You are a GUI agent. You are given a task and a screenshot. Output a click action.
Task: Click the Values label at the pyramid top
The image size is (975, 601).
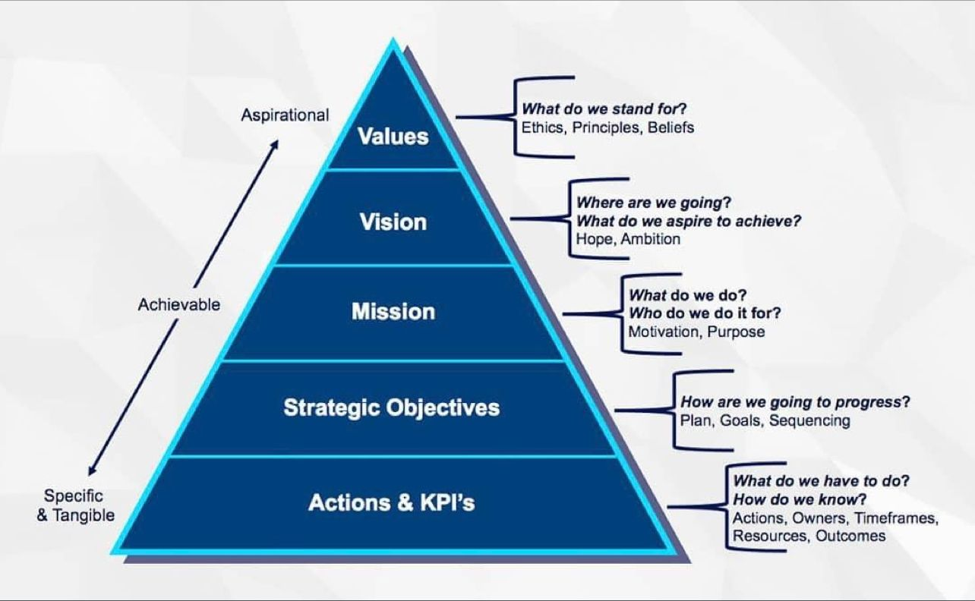click(393, 137)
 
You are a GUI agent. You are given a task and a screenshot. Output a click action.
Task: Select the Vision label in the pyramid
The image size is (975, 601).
click(393, 222)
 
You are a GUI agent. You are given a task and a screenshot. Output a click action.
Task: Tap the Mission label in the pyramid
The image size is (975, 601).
click(393, 312)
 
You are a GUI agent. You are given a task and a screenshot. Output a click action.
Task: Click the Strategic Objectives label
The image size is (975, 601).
click(392, 407)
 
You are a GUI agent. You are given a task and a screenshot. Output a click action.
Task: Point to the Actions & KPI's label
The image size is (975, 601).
click(392, 502)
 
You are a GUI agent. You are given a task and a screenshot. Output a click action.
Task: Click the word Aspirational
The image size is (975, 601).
click(285, 115)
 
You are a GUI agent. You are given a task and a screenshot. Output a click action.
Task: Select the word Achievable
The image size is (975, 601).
click(179, 304)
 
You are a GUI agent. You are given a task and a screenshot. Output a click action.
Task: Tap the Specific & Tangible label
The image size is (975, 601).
click(75, 505)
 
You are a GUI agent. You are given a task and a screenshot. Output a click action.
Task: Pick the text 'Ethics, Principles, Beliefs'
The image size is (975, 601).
click(607, 127)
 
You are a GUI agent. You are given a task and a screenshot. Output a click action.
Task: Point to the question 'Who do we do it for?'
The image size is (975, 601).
click(705, 313)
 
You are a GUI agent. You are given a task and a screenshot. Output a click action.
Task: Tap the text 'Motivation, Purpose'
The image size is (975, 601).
click(696, 332)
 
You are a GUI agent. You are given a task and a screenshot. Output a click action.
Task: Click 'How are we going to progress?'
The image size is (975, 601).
click(795, 402)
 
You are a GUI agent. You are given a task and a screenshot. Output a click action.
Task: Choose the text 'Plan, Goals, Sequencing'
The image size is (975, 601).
click(765, 420)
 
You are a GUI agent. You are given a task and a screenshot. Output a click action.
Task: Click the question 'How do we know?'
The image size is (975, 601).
click(800, 499)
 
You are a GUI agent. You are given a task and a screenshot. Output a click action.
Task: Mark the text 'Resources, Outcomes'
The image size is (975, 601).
click(809, 536)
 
